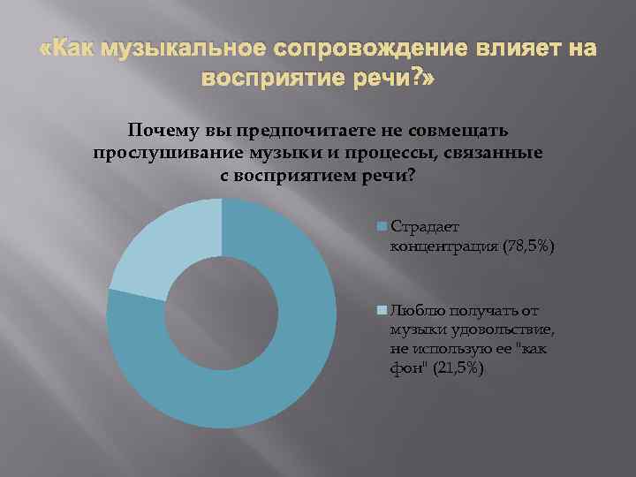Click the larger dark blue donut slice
[265, 371]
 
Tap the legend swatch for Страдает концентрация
[382, 226]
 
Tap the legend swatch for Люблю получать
[382, 310]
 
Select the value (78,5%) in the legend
[529, 248]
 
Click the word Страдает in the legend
[421, 226]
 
